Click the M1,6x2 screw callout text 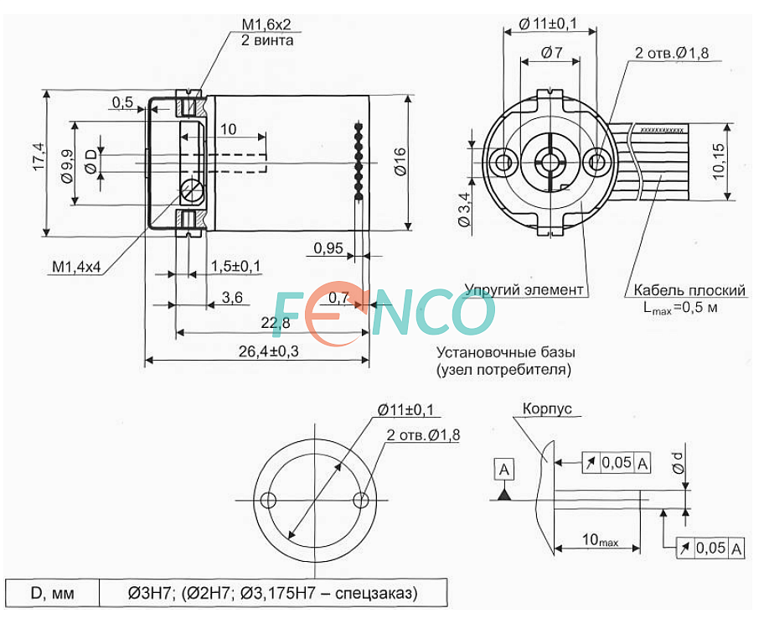pyautogui.click(x=266, y=24)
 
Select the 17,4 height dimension pyautogui.click(x=39, y=157)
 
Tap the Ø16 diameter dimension pyautogui.click(x=400, y=161)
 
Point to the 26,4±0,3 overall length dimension pyautogui.click(x=268, y=351)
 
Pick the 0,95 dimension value pyautogui.click(x=328, y=248)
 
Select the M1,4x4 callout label pyautogui.click(x=76, y=267)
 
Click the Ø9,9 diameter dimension pyautogui.click(x=67, y=166)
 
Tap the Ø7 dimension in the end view pyautogui.click(x=552, y=52)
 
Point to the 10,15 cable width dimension pyautogui.click(x=719, y=161)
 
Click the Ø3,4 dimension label pyautogui.click(x=464, y=209)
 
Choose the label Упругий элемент pyautogui.click(x=524, y=289)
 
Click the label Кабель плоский pyautogui.click(x=689, y=289)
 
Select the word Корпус pyautogui.click(x=547, y=408)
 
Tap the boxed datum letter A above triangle pyautogui.click(x=504, y=470)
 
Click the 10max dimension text pyautogui.click(x=600, y=539)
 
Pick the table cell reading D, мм pyautogui.click(x=53, y=593)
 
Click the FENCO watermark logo pyautogui.click(x=383, y=313)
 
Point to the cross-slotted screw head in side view pyautogui.click(x=191, y=190)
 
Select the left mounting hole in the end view pyautogui.click(x=503, y=161)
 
